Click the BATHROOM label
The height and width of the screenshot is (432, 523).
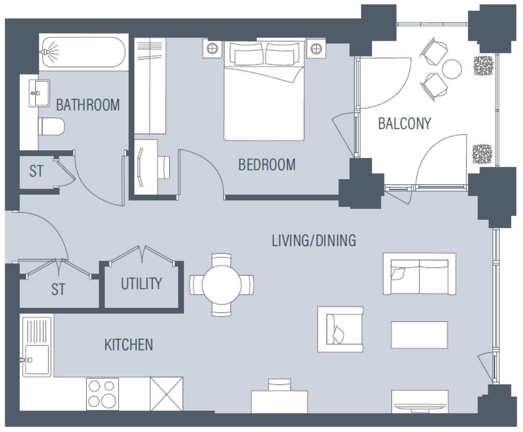[88, 105]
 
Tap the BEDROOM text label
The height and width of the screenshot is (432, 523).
[266, 165]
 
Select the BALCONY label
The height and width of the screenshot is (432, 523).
[404, 124]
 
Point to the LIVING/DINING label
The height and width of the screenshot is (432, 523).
[314, 240]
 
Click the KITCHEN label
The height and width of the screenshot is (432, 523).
[129, 344]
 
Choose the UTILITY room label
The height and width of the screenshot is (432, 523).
[141, 284]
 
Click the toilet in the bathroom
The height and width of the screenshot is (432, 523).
[51, 126]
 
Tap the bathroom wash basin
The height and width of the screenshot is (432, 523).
[39, 93]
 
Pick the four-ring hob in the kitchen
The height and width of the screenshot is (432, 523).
[102, 394]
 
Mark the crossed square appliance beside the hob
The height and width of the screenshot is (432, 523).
[166, 394]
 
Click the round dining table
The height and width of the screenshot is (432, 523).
[221, 285]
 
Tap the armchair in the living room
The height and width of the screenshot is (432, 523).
[340, 329]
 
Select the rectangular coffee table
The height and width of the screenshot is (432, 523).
[419, 335]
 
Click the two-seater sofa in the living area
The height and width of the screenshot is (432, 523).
[419, 274]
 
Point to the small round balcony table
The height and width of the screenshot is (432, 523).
[451, 69]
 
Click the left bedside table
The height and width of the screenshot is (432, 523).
[212, 49]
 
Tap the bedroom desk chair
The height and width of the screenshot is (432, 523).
[163, 167]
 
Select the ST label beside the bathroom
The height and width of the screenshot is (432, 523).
[36, 171]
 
